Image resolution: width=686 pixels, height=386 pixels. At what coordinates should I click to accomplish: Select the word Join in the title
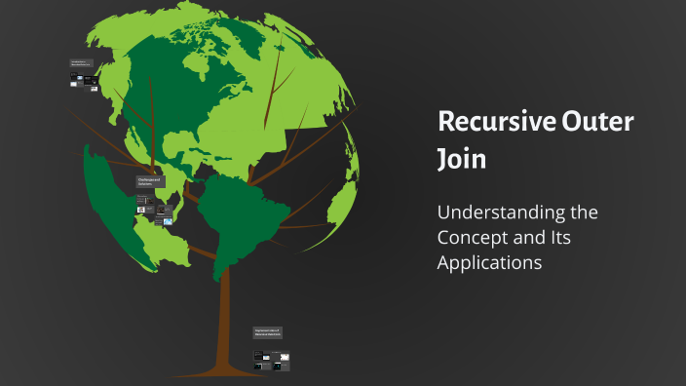pos(461,158)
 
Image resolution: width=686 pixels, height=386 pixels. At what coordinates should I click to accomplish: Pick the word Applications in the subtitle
pos(489,263)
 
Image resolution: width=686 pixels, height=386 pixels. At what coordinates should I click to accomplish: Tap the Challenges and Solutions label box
pos(150,182)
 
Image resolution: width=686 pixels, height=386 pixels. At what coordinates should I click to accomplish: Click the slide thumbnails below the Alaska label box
pos(84,84)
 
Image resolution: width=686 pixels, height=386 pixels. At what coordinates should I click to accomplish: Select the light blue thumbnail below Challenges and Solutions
pos(168,222)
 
